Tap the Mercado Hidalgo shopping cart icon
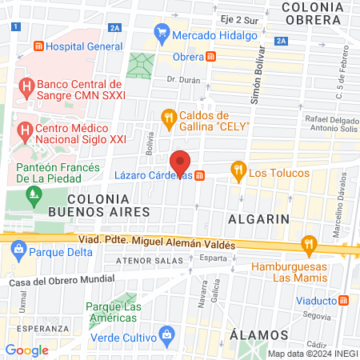162,34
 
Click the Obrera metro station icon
210,57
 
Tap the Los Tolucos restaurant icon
238,170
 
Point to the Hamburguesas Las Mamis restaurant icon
308,244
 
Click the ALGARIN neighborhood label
253,218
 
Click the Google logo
27,350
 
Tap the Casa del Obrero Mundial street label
62,282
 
